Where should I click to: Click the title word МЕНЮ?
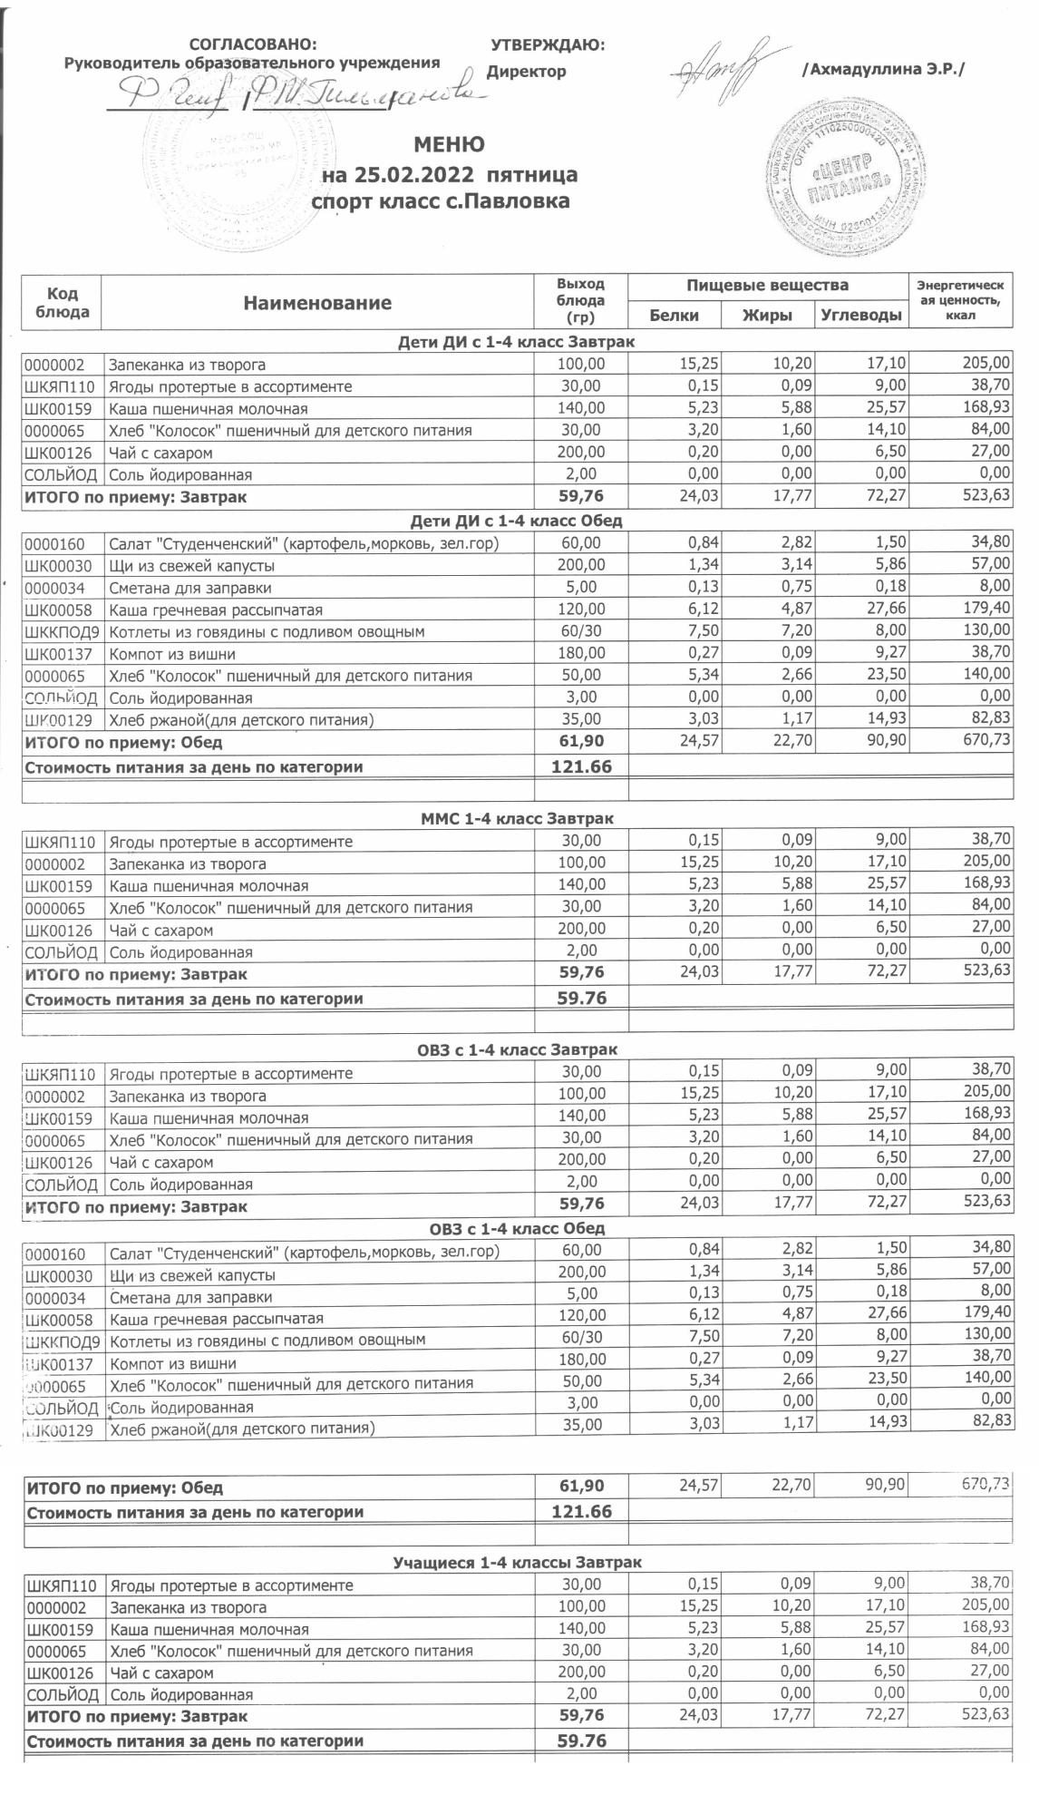click(x=449, y=145)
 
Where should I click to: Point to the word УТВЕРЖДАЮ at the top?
click(x=547, y=45)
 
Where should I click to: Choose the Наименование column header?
click(x=317, y=303)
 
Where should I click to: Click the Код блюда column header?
click(x=62, y=303)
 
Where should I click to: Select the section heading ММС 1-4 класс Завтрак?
click(x=518, y=818)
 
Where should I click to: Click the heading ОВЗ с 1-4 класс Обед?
click(x=518, y=1229)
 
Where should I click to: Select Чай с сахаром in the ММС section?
click(x=161, y=930)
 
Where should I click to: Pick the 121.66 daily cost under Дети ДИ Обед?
click(x=581, y=766)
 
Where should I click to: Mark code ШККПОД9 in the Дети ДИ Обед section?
click(x=62, y=632)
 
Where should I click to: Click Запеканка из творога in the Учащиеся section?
click(x=188, y=1607)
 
